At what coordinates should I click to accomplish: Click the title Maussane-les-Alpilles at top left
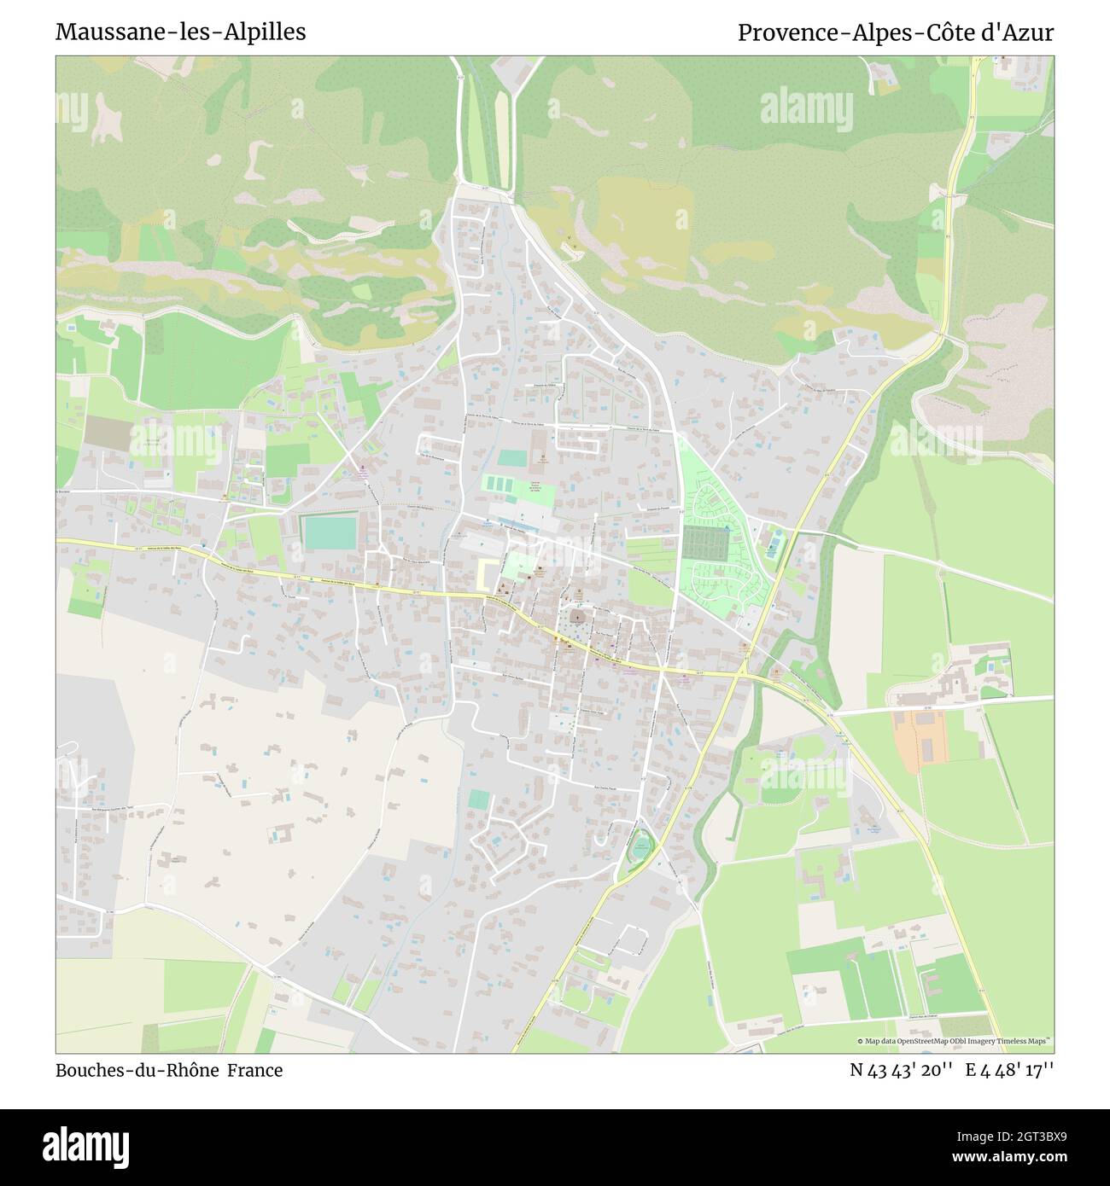click(181, 32)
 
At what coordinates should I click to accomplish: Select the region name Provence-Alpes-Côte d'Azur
click(895, 32)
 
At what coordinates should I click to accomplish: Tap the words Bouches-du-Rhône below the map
click(137, 1070)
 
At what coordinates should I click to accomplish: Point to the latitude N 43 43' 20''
click(901, 1070)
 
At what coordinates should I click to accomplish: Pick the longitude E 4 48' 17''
click(1010, 1070)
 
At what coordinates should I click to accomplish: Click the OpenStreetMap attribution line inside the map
click(955, 1041)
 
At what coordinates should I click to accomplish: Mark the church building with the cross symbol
click(578, 617)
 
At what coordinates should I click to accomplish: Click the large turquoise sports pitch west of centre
click(330, 533)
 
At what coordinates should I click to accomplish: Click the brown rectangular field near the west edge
click(108, 433)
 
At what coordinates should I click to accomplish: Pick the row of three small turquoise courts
click(504, 483)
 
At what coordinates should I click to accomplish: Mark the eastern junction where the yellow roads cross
click(744, 674)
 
